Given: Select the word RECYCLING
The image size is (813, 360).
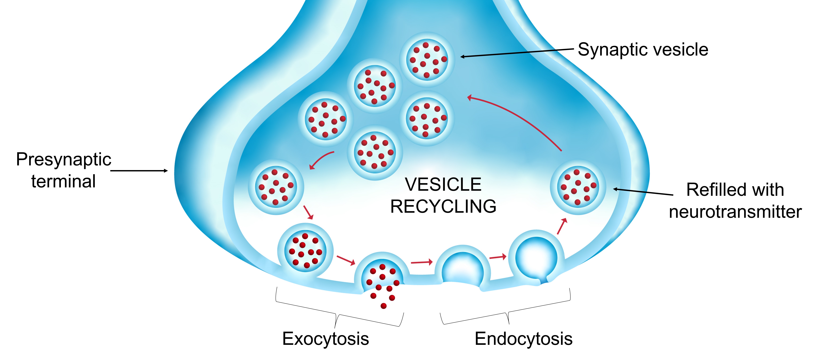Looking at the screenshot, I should [x=443, y=207].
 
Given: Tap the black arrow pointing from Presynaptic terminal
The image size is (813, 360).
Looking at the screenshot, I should [x=139, y=171].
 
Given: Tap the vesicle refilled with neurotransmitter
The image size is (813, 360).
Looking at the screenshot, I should [x=578, y=187].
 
